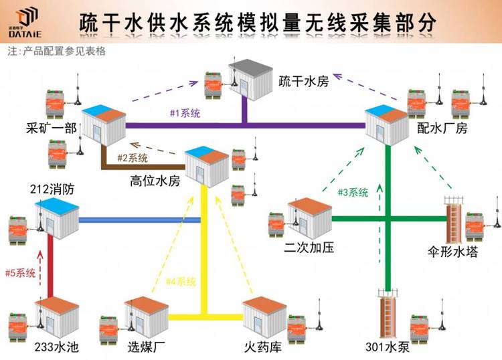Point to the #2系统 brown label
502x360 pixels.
click(133, 159)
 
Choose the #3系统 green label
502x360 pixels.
click(352, 193)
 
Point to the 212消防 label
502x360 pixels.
click(52, 189)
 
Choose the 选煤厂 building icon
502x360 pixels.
click(146, 316)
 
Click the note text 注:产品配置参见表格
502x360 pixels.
click(56, 51)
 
